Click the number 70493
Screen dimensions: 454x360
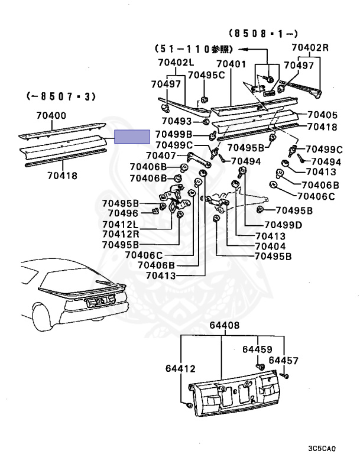pos(177,121)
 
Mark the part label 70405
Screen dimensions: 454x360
pos(323,115)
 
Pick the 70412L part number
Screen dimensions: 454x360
pos(120,224)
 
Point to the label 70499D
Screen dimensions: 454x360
pos(283,225)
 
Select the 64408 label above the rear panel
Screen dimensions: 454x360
pos(223,325)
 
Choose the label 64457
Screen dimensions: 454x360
pos(284,360)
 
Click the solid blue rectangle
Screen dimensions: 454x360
pos(132,137)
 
